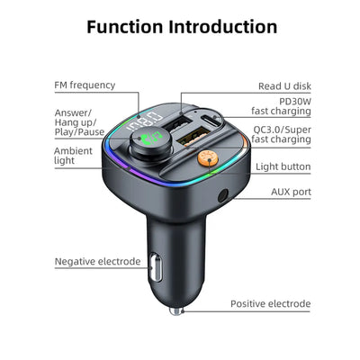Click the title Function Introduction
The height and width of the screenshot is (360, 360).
tap(181, 26)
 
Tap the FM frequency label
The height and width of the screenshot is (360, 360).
tap(85, 85)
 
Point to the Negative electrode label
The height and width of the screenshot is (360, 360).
tap(97, 262)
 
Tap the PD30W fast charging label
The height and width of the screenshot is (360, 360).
tap(281, 105)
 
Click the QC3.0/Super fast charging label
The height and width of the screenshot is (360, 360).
tap(281, 133)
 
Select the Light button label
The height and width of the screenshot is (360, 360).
tap(282, 166)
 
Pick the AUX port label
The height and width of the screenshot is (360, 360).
tap(291, 192)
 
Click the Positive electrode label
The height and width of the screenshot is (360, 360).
tap(270, 304)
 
